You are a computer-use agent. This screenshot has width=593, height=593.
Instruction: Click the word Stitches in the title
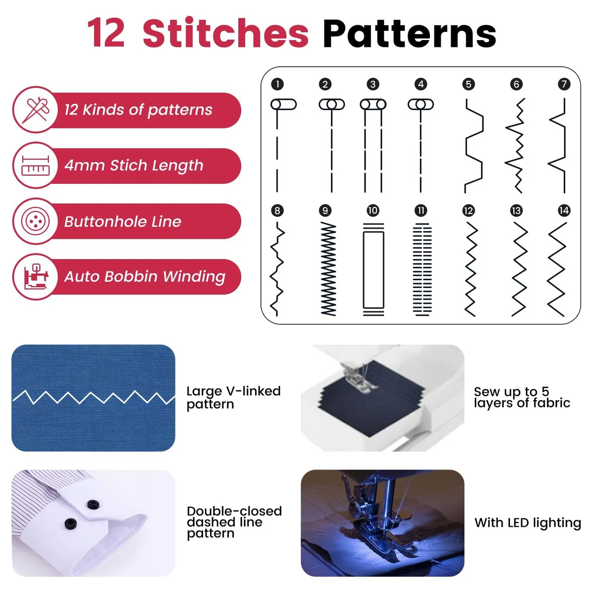click(x=225, y=33)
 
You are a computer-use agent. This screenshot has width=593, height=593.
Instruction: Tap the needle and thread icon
click(x=36, y=110)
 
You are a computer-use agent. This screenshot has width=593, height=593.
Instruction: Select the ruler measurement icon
click(x=36, y=166)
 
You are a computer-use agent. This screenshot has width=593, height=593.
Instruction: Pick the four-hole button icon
click(x=36, y=221)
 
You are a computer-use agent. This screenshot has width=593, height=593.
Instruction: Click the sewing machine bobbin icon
click(x=36, y=276)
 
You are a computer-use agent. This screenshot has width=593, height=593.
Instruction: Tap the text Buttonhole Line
click(x=123, y=221)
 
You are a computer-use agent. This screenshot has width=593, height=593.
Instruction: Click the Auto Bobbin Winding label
click(x=145, y=277)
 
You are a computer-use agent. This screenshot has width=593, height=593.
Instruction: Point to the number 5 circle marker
click(x=468, y=84)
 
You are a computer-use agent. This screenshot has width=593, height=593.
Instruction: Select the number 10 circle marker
click(x=373, y=211)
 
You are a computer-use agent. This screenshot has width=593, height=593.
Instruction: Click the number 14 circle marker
click(x=564, y=211)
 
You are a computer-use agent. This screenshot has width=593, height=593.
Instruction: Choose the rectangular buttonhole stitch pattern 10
click(x=373, y=270)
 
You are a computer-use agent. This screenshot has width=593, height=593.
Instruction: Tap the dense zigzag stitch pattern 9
click(x=328, y=269)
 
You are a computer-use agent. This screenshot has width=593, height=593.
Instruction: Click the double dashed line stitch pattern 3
click(x=373, y=146)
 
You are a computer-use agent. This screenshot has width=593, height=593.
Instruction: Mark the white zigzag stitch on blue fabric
click(x=94, y=397)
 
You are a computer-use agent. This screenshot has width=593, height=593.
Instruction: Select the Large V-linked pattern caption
click(x=234, y=398)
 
